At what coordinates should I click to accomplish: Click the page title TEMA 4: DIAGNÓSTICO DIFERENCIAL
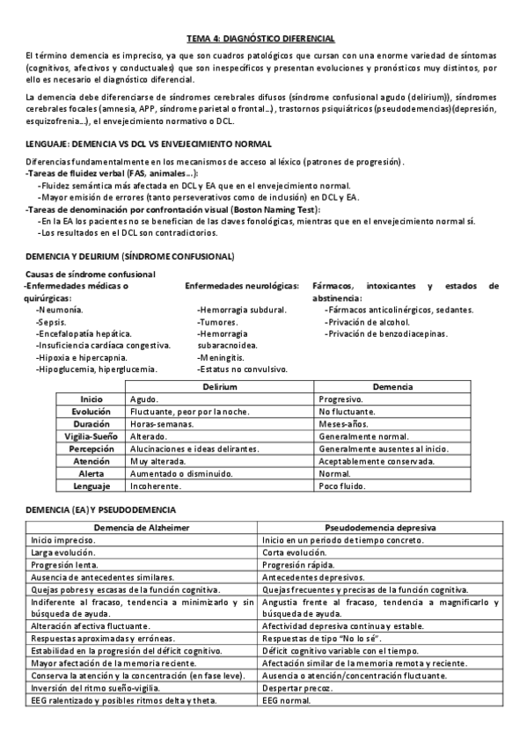261,39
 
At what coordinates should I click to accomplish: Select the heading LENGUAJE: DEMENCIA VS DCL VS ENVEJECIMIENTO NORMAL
149,143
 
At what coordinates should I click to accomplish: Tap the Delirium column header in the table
219,387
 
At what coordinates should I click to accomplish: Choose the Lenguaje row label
91,486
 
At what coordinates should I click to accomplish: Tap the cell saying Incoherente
156,486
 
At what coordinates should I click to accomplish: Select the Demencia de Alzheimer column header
142,528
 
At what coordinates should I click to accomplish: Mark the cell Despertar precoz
296,688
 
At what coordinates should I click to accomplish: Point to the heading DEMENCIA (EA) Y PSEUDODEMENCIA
101,510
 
